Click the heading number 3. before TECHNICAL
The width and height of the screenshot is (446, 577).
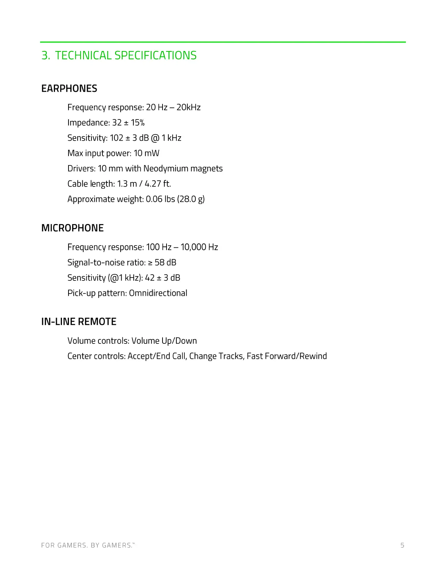click(46, 55)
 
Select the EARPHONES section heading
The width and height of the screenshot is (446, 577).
click(69, 89)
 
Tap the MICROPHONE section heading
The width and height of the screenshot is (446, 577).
click(73, 228)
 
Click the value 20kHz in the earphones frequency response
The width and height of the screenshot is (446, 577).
click(188, 107)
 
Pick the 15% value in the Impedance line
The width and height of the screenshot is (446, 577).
click(138, 123)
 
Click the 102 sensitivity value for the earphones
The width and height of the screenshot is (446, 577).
click(117, 138)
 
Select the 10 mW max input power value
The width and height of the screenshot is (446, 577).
click(146, 153)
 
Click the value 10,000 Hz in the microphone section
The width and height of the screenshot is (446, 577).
click(199, 247)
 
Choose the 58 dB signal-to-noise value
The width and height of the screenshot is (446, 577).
click(165, 263)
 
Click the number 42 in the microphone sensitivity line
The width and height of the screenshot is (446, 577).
click(150, 278)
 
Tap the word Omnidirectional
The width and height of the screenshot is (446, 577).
click(158, 293)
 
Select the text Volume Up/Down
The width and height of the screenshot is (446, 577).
click(164, 341)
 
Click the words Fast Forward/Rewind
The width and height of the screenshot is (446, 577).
click(287, 356)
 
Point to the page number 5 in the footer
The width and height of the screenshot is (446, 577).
click(402, 545)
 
